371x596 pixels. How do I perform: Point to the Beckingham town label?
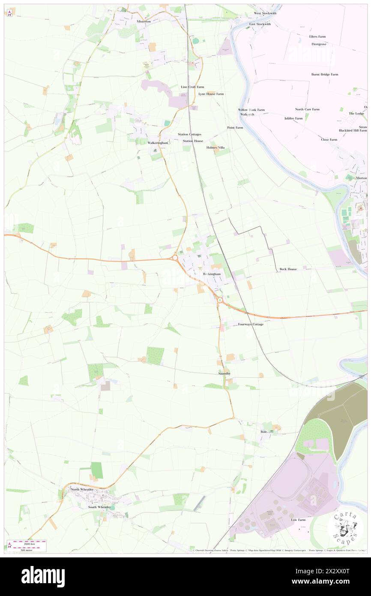click(x=212, y=274)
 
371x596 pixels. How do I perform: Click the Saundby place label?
click(x=224, y=374)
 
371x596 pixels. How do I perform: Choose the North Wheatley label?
click(x=82, y=489)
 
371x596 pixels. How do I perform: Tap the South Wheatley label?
click(x=99, y=507)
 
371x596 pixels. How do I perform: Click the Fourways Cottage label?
click(x=251, y=324)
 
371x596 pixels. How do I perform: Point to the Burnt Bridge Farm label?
click(x=325, y=74)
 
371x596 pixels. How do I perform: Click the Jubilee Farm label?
click(x=293, y=118)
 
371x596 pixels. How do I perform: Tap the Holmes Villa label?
click(x=215, y=147)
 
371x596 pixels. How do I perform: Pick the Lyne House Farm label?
click(x=211, y=93)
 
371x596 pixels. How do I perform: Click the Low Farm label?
click(x=298, y=520)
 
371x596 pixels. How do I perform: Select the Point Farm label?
click(x=235, y=127)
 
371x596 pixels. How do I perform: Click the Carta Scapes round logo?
click(x=345, y=528)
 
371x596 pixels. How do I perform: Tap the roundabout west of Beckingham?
click(x=175, y=258)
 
